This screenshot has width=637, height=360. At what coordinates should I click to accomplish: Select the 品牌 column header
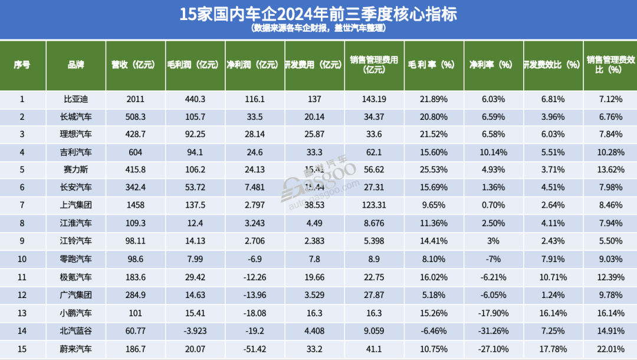(76, 65)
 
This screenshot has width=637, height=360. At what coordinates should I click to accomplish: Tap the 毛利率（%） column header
(434, 65)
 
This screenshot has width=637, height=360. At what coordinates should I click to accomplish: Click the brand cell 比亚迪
(76, 99)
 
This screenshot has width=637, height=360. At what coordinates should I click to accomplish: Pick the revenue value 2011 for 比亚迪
(135, 99)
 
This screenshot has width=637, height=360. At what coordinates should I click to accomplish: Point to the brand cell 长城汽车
(76, 117)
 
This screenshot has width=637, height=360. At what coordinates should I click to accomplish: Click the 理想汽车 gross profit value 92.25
(195, 135)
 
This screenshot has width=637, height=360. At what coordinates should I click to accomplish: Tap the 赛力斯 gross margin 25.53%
(434, 170)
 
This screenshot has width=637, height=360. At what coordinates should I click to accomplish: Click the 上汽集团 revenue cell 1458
(135, 205)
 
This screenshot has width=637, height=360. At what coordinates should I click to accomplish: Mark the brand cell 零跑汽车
(76, 258)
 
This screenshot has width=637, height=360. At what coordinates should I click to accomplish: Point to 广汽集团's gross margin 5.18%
(434, 294)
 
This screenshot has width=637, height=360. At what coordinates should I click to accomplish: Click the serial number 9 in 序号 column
(22, 241)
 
